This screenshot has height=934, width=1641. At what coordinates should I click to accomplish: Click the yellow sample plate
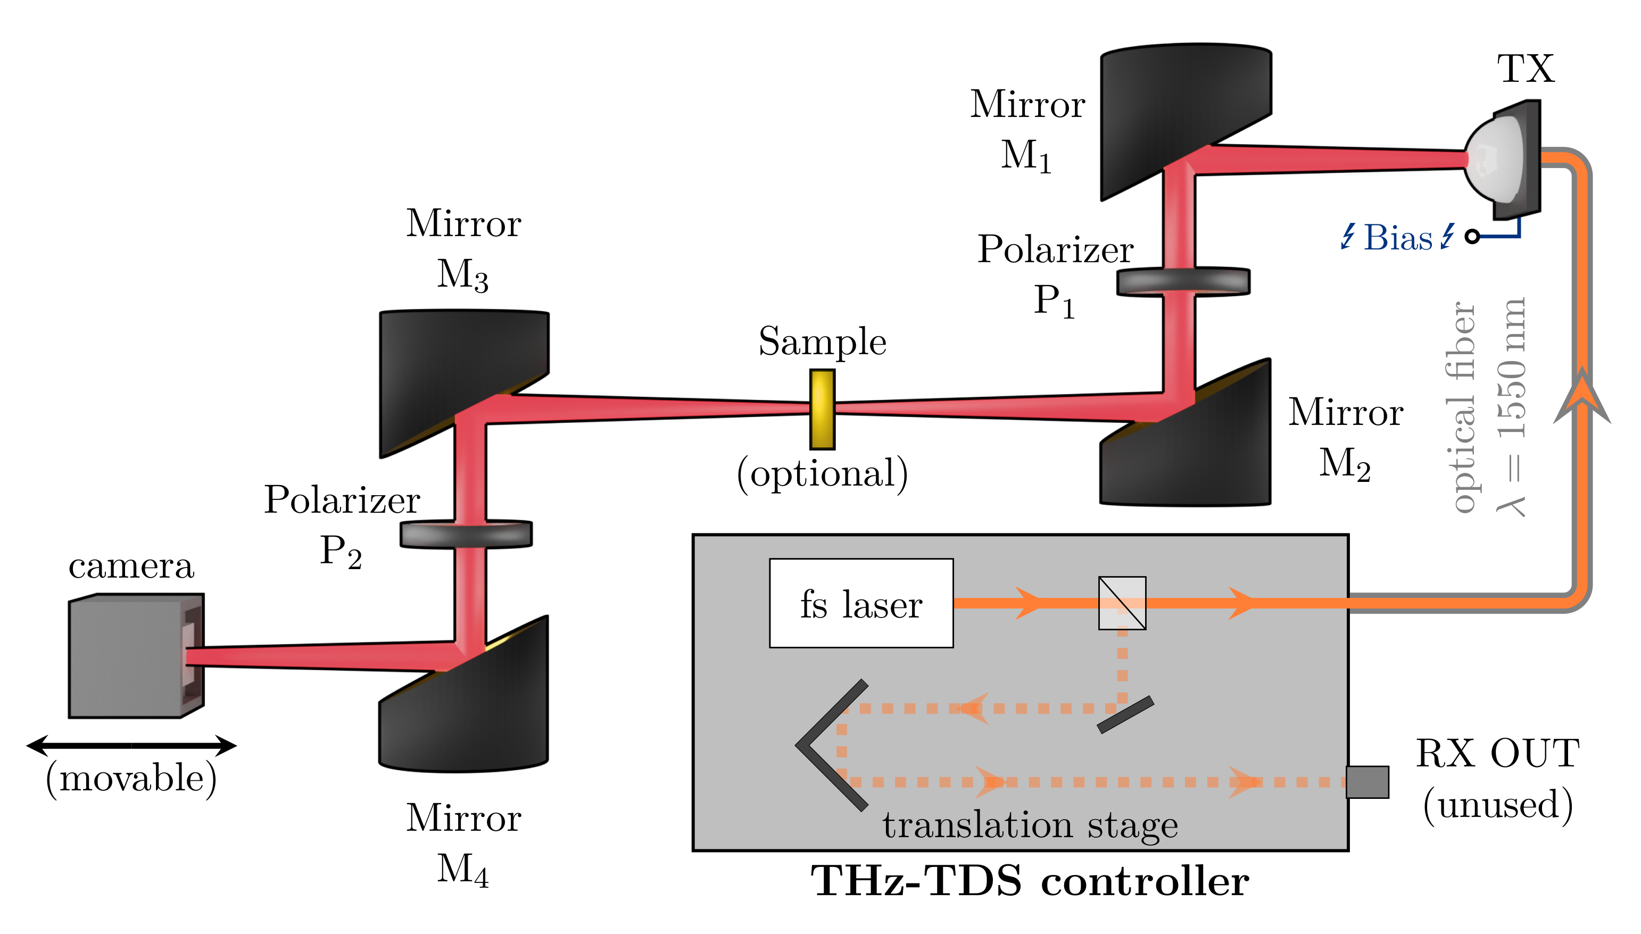click(x=822, y=409)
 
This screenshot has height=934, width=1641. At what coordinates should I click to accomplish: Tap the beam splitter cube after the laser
click(x=1122, y=603)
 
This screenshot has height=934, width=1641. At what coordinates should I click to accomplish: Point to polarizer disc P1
click(x=1183, y=281)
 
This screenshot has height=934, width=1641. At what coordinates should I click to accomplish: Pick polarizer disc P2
click(x=466, y=533)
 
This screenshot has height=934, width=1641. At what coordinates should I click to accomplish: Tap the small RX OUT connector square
click(x=1367, y=782)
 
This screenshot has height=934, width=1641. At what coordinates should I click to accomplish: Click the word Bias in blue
click(x=1398, y=238)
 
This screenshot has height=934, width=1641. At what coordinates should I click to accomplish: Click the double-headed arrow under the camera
click(x=131, y=745)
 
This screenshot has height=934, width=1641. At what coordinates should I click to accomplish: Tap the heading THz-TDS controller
click(x=1030, y=881)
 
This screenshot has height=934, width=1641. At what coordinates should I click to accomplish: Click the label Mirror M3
click(x=463, y=249)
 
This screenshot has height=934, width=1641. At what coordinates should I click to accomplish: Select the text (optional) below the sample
click(x=822, y=473)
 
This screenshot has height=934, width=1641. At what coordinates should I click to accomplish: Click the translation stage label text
click(x=1030, y=825)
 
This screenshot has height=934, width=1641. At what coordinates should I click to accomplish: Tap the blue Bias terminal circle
click(x=1472, y=237)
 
